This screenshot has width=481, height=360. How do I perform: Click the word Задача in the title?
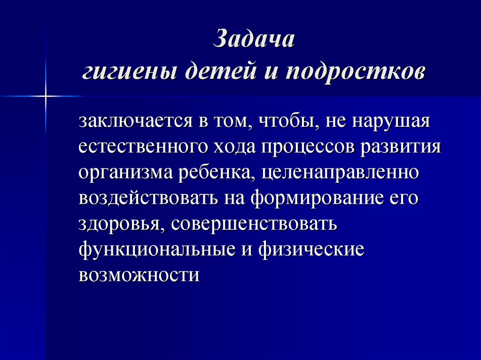tap(254, 40)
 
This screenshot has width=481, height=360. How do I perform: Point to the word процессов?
tap(307, 147)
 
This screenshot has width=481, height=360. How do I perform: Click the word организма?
tap(125, 173)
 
